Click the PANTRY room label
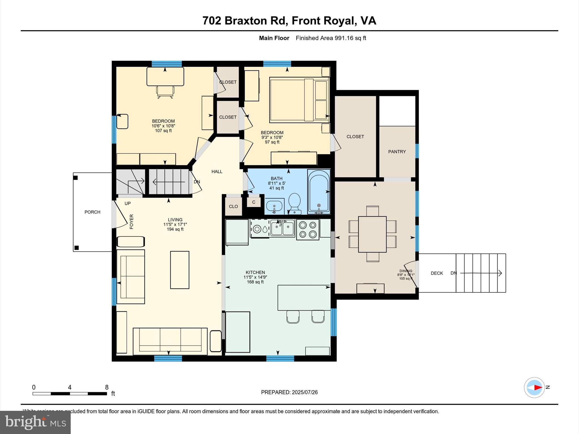(397, 152)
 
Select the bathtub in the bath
(319, 191)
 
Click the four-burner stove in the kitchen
(308, 229)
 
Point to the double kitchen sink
(282, 228)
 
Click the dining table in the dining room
(372, 234)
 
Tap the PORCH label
(92, 212)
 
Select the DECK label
(437, 273)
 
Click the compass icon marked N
(534, 387)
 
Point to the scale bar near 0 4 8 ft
(70, 394)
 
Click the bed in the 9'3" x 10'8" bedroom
(299, 100)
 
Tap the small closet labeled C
(254, 202)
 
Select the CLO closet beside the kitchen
(233, 207)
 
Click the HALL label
(217, 172)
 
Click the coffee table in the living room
(180, 270)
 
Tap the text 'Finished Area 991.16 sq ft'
(331, 38)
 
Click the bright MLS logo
(35, 422)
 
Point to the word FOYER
(131, 222)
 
